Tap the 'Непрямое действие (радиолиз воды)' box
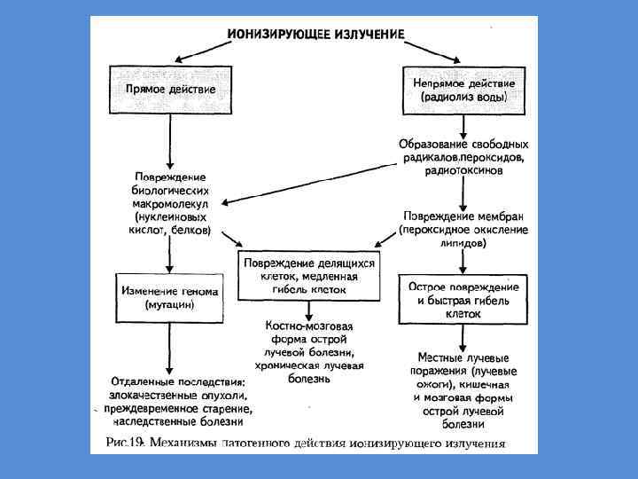pos(463,89)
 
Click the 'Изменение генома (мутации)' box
pos(169,297)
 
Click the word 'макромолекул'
pos(170,203)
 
